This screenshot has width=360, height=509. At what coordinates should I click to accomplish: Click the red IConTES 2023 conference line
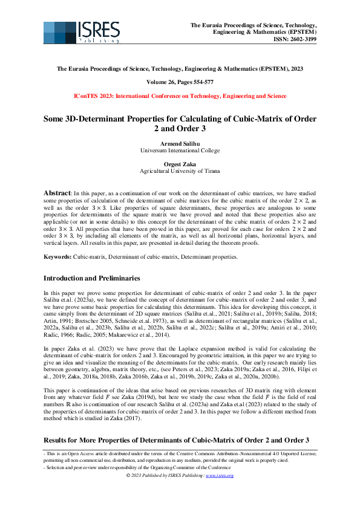[x=180, y=96]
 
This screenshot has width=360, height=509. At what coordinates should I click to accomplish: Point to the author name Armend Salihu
[x=180, y=143]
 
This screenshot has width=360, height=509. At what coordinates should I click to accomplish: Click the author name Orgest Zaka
[x=180, y=164]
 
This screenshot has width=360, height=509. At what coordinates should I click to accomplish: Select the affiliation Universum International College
[x=180, y=149]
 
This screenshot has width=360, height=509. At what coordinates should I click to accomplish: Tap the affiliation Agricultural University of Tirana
[x=180, y=171]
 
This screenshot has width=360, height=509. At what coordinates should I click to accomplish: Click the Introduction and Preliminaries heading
[x=92, y=279]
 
